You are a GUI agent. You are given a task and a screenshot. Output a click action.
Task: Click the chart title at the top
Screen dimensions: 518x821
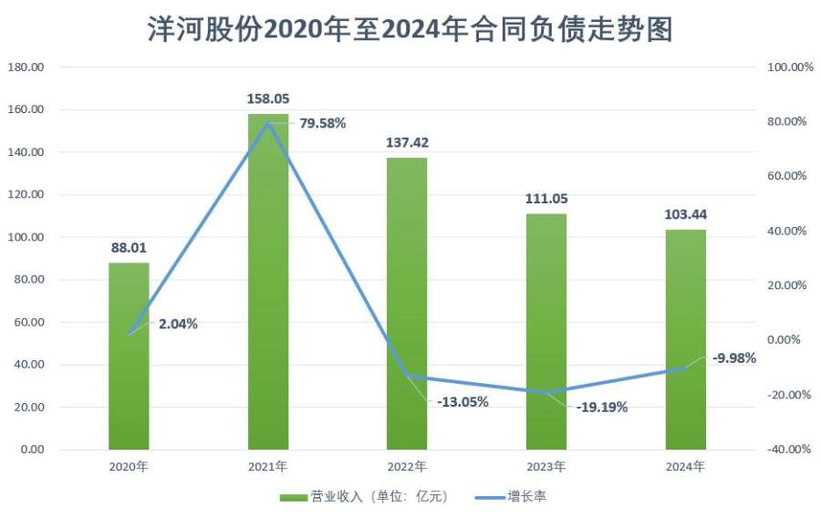[x=410, y=30]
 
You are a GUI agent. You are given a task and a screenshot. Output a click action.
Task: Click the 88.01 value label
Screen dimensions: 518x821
[x=129, y=246]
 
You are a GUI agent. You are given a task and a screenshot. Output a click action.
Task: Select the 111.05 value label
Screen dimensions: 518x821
[x=546, y=198]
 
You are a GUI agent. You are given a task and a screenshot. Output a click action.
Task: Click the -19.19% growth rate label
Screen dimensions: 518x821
[x=602, y=408]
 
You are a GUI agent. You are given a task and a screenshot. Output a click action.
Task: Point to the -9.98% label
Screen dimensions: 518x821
[x=734, y=357]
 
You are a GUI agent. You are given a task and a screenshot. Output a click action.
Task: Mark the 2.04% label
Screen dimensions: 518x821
[x=178, y=323]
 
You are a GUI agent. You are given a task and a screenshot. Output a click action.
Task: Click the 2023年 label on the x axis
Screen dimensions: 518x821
[x=546, y=466]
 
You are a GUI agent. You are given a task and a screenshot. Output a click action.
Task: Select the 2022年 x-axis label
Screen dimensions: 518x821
[x=407, y=466]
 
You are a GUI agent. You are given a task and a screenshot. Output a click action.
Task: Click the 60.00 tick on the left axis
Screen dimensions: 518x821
[x=27, y=322]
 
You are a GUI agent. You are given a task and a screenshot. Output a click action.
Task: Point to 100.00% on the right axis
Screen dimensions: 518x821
[x=790, y=67]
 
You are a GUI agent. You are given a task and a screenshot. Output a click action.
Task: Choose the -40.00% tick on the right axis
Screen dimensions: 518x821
[x=790, y=450]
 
